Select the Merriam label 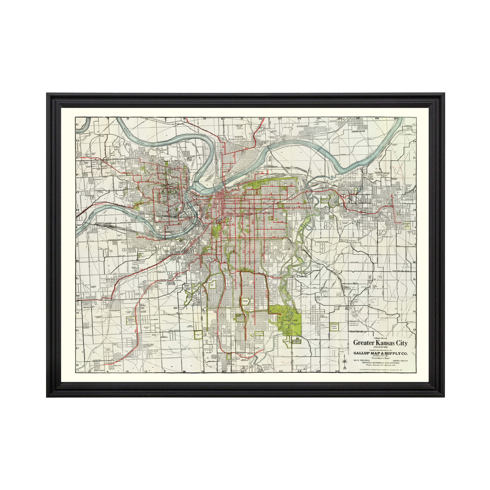[115, 310]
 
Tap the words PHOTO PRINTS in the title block [400, 360]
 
